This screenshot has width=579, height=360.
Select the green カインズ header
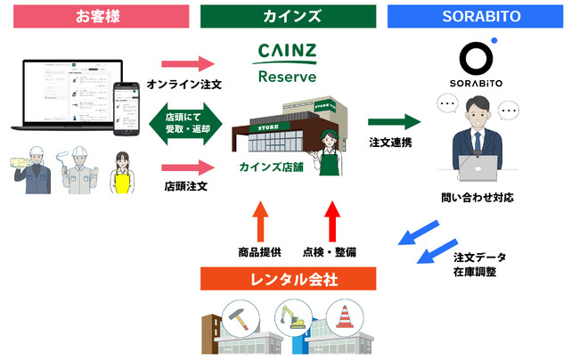point(288,16)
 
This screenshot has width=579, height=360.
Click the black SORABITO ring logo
point(482,61)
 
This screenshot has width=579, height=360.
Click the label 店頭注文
point(186,186)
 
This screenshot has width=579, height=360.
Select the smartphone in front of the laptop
point(126,107)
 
